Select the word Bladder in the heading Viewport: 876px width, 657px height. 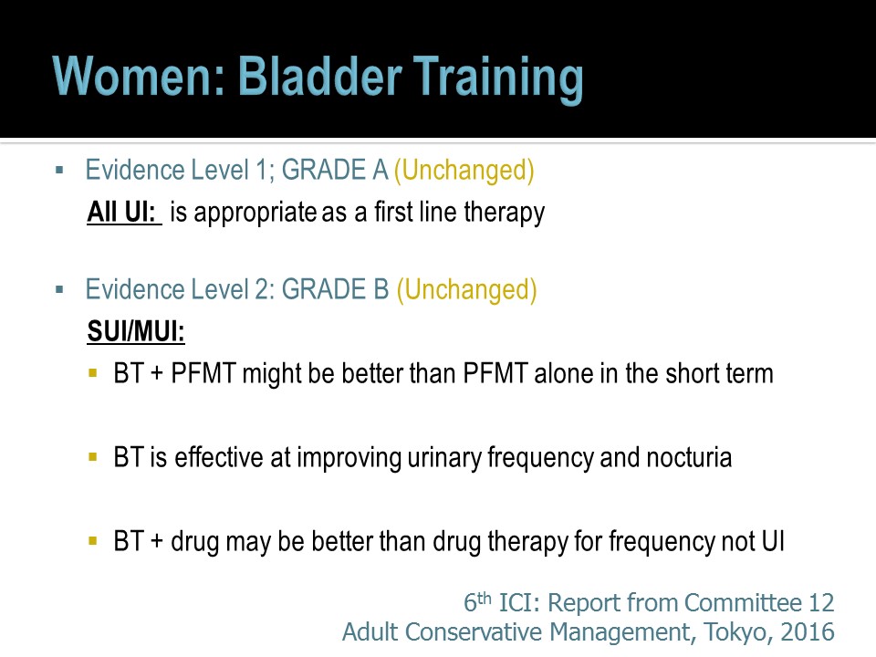(320, 76)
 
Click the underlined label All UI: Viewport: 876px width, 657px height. (124, 213)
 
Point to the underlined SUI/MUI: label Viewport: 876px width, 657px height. (136, 331)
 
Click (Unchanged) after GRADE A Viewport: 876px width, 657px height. (464, 171)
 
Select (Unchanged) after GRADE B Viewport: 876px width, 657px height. (467, 290)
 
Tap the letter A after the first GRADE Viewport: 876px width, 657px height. (380, 170)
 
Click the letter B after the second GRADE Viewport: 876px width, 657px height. (381, 289)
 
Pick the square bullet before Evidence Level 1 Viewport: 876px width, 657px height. (60, 170)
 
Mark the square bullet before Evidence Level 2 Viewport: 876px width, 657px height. (60, 289)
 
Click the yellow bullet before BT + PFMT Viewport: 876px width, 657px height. (93, 373)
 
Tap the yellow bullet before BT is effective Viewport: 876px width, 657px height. (93, 457)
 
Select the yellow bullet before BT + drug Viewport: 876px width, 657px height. (93, 541)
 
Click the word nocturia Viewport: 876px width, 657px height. (689, 457)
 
